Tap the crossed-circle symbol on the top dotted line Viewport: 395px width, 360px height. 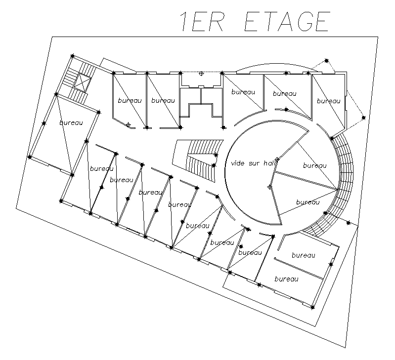coord(201,74)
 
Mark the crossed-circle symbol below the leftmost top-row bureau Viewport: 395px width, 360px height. coord(129,125)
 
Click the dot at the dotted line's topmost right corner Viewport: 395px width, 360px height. coord(327,60)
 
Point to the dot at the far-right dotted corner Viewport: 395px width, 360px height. coord(363,118)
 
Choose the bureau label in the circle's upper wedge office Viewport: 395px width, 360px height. coord(314,166)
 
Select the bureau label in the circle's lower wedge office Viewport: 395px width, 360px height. coord(307,202)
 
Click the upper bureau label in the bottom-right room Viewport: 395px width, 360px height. coord(303,255)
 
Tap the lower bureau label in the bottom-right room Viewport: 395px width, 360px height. coord(286,279)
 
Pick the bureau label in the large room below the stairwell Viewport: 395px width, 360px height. coord(71,122)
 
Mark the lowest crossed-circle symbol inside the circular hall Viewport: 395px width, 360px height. coord(269,187)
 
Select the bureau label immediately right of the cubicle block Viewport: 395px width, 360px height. coord(243,92)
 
